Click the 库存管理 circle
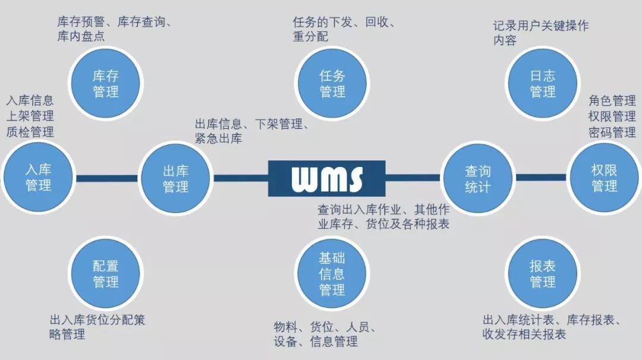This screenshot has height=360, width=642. point(106,83)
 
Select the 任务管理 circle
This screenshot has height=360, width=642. point(332,83)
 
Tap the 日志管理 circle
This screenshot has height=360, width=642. point(543,83)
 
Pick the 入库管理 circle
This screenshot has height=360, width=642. point(38,178)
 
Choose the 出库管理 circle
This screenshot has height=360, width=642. point(175,178)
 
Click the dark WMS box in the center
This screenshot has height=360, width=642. point(327,178)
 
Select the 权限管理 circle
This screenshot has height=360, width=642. point(605,178)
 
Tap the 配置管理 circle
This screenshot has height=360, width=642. point(106,274)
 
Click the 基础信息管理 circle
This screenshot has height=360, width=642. point(332,274)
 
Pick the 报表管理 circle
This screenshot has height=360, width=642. point(543,274)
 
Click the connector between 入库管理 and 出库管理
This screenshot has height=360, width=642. point(107,178)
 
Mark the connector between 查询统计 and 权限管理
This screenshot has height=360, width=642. point(541,178)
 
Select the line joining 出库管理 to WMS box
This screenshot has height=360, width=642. point(241,178)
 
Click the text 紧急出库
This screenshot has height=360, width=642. point(219,138)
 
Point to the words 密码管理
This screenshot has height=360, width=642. point(612,132)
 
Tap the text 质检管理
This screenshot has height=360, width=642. point(30,132)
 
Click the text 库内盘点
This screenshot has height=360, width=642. point(81,36)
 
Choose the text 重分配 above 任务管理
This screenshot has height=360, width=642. point(310,36)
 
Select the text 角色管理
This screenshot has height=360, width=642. point(612,100)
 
